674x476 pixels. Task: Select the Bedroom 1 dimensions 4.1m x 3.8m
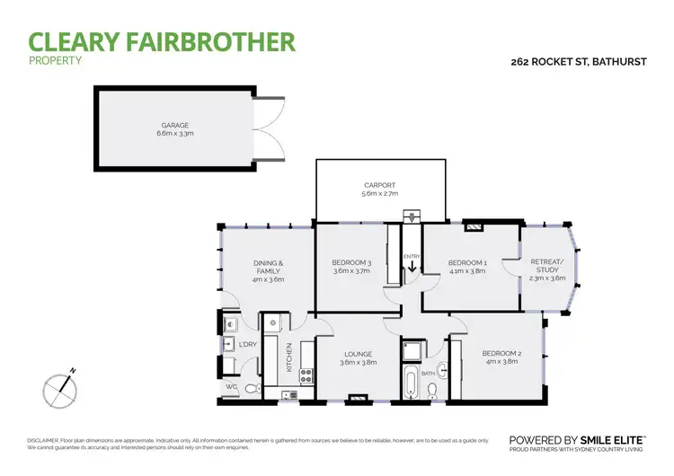(466, 270)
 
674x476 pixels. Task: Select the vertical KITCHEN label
(288, 357)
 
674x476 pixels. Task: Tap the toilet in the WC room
(253, 389)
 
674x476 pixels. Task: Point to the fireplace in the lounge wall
(358, 397)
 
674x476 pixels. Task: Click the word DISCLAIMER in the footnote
(43, 440)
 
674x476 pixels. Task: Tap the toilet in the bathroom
(433, 389)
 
